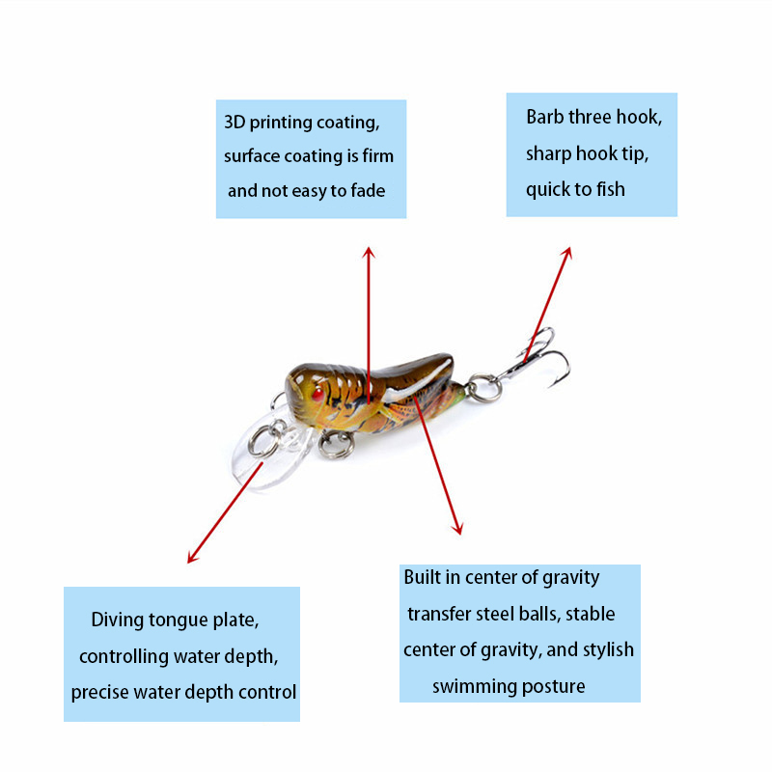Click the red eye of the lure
[x=318, y=394]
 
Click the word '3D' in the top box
[x=234, y=123]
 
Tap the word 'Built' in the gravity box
[x=422, y=577]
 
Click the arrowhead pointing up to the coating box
[x=369, y=252]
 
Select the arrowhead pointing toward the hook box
[x=567, y=253]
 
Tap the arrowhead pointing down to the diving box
[x=192, y=558]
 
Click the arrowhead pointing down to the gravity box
[x=457, y=528]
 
